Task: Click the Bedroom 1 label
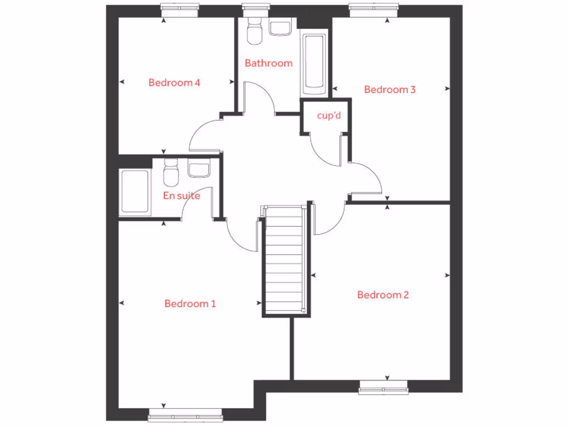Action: pos(190,304)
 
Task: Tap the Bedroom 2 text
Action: pos(383,295)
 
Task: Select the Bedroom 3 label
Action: pos(390,90)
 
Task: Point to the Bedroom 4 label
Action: pos(174,83)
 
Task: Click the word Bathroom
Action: pos(268,63)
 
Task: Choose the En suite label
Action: pos(181,196)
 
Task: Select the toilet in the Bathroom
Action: pos(254,31)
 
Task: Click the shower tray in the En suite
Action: pos(134,191)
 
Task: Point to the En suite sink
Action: pos(198,168)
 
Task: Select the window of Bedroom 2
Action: pos(383,388)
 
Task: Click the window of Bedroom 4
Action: pos(180,7)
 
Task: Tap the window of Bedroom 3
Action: pos(374,7)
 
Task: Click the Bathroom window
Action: pos(252,7)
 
